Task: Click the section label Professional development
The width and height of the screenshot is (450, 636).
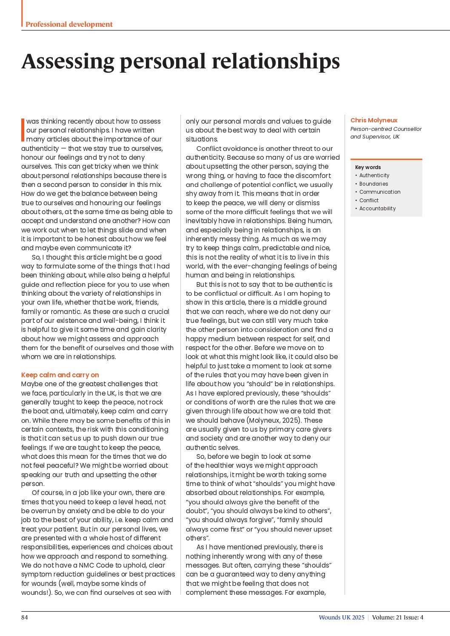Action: tap(69, 24)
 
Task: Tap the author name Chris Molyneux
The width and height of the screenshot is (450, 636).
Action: tap(374, 120)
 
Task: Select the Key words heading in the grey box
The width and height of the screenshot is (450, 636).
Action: tap(368, 167)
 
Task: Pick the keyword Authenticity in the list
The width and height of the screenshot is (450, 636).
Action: tap(374, 175)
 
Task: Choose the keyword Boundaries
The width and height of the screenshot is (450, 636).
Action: tap(373, 184)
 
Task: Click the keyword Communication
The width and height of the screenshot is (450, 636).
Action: tap(380, 192)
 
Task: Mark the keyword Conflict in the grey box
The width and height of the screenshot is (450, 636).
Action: tap(369, 201)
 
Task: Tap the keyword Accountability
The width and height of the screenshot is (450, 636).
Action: tap(377, 209)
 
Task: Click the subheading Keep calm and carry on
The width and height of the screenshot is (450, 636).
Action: tap(60, 375)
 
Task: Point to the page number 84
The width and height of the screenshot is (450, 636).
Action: tap(25, 617)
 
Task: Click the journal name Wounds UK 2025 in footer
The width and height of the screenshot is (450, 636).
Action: tap(342, 617)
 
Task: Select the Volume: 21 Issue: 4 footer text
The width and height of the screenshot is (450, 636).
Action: tap(397, 617)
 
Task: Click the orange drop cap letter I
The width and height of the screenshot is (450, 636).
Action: tap(23, 130)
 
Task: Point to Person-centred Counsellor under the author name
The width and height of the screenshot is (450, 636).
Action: tap(386, 129)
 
